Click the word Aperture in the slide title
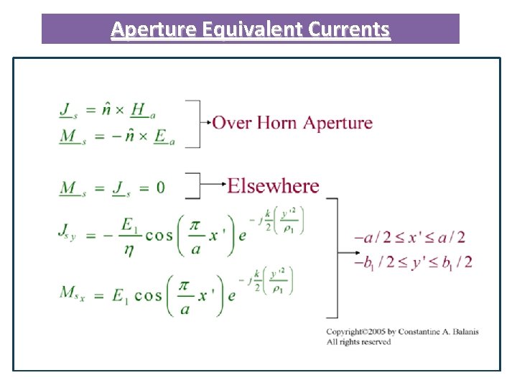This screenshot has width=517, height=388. click(x=154, y=29)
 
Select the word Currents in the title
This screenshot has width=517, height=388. click(x=350, y=29)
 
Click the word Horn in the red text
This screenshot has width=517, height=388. click(x=273, y=122)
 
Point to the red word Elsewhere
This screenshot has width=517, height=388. click(x=273, y=186)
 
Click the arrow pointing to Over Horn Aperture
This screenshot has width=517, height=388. click(x=206, y=123)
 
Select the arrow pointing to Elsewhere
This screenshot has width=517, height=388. click(x=213, y=185)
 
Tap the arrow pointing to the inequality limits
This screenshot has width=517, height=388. click(x=345, y=251)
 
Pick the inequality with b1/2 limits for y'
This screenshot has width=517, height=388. click(x=413, y=262)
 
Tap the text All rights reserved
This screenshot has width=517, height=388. click(x=358, y=342)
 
